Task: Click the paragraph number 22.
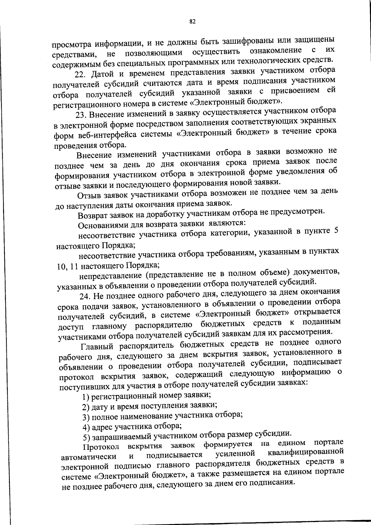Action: pyautogui.click(x=79, y=75)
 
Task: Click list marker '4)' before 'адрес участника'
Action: pyautogui.click(x=86, y=428)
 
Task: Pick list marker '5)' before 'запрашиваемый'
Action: pyautogui.click(x=87, y=437)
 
